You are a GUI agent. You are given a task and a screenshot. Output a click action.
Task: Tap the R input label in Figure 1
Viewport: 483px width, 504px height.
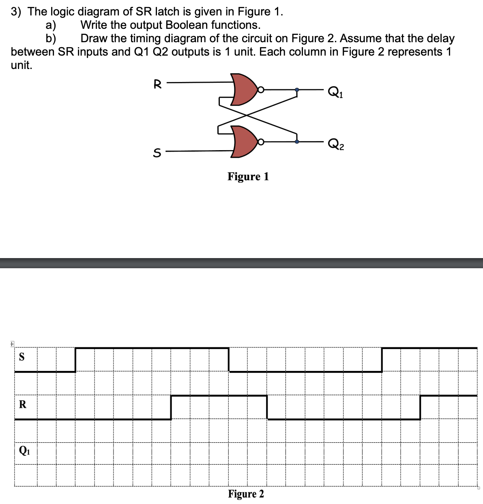(158, 84)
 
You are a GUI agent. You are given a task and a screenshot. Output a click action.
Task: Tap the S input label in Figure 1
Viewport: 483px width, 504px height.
(157, 153)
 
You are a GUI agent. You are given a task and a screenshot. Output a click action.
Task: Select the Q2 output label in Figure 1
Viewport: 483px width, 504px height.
(335, 144)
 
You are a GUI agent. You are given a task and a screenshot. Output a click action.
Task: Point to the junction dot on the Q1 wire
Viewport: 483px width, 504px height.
(297, 90)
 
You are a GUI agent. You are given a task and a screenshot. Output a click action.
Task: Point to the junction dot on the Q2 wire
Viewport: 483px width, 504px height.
(297, 142)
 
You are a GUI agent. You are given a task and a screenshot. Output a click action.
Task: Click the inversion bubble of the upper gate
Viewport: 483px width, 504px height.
(261, 90)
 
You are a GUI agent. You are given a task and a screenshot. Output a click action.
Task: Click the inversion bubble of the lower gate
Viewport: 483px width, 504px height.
(261, 142)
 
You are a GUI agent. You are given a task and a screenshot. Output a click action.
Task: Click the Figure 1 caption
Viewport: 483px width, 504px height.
(248, 177)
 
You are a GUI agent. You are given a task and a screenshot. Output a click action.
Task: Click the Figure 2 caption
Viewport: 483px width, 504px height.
(246, 494)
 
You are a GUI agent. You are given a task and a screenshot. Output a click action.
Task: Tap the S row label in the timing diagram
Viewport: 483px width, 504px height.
(22, 357)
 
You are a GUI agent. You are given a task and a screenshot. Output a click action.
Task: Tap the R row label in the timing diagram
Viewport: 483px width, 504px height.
(22, 405)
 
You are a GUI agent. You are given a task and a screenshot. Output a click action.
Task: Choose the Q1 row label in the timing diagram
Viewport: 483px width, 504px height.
(24, 450)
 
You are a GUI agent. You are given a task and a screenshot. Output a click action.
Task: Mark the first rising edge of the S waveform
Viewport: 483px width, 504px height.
(76, 360)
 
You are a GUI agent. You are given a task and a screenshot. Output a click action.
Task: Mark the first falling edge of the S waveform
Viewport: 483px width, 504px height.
(229, 360)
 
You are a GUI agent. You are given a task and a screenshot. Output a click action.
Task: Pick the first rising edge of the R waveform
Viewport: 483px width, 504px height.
(171, 407)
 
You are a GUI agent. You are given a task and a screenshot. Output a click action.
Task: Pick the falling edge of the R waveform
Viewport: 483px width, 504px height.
(267, 407)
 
